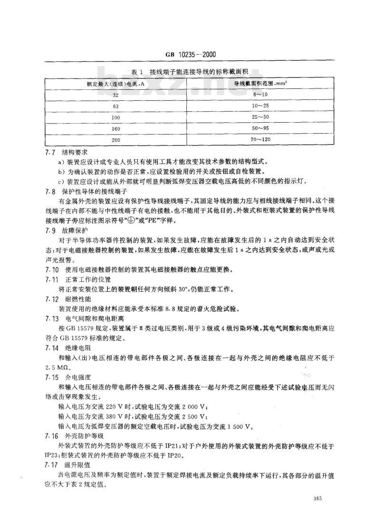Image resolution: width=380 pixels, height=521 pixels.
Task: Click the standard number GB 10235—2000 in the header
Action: [x=190, y=55]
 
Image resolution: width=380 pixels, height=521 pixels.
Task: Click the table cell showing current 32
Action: [x=116, y=95]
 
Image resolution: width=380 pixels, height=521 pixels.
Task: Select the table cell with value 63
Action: [x=116, y=106]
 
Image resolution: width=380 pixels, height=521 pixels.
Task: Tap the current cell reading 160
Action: [x=116, y=129]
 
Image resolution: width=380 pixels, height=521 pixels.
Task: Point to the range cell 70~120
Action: [x=259, y=140]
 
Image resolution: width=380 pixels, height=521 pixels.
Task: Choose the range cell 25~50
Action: [x=259, y=117]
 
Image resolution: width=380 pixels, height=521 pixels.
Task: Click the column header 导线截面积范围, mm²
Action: [x=259, y=84]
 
